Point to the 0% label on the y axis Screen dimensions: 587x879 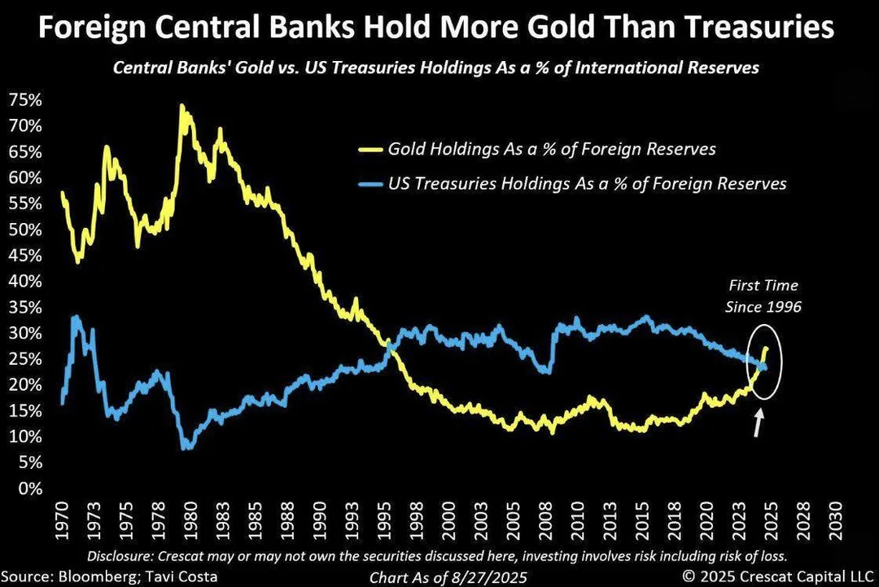tap(27, 488)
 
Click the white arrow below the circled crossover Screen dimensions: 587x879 tap(759, 423)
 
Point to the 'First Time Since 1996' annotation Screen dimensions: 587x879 tap(763, 297)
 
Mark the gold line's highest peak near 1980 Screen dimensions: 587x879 tap(183, 107)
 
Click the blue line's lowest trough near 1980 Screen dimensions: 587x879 tap(186, 447)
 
